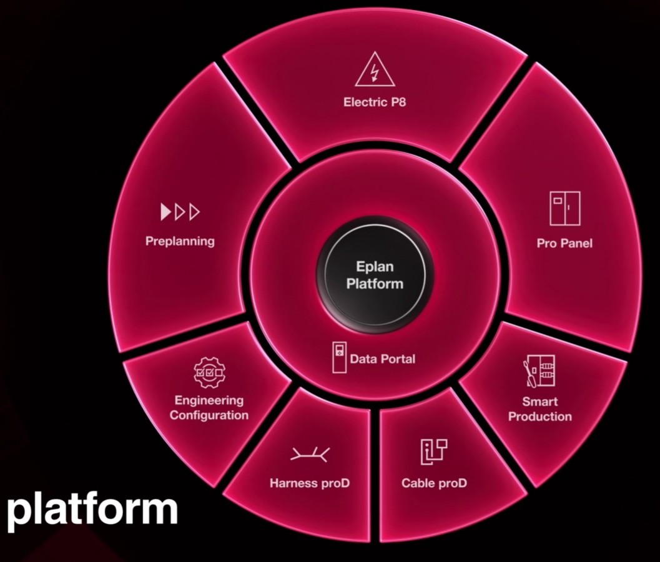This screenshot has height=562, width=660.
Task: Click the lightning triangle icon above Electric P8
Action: pyautogui.click(x=375, y=70)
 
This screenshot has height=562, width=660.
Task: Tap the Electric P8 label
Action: pyautogui.click(x=375, y=103)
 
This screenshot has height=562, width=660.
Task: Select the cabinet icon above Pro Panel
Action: pyautogui.click(x=565, y=209)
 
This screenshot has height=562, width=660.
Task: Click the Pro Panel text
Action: pyautogui.click(x=564, y=243)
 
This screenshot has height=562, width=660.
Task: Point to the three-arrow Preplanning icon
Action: pyautogui.click(x=180, y=212)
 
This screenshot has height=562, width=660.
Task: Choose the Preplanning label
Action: pyautogui.click(x=180, y=241)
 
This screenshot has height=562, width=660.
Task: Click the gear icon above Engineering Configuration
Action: pyautogui.click(x=209, y=373)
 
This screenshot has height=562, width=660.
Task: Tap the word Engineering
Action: pyautogui.click(x=209, y=400)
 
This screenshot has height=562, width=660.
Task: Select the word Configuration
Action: pyautogui.click(x=209, y=415)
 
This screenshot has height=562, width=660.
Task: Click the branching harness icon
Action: pyautogui.click(x=310, y=454)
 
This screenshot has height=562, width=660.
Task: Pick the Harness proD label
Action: pyautogui.click(x=310, y=483)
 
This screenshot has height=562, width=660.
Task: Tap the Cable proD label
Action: pyautogui.click(x=434, y=483)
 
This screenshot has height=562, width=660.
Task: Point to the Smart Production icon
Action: pyautogui.click(x=539, y=371)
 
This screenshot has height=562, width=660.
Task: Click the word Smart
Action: pyautogui.click(x=540, y=401)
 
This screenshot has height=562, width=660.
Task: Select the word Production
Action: pyautogui.click(x=540, y=416)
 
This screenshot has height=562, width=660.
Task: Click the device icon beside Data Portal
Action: pyautogui.click(x=339, y=357)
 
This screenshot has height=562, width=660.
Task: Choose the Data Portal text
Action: pyautogui.click(x=383, y=359)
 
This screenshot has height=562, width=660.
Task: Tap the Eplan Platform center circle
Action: pyautogui.click(x=375, y=274)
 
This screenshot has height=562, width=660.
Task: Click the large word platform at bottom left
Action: pyautogui.click(x=92, y=510)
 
